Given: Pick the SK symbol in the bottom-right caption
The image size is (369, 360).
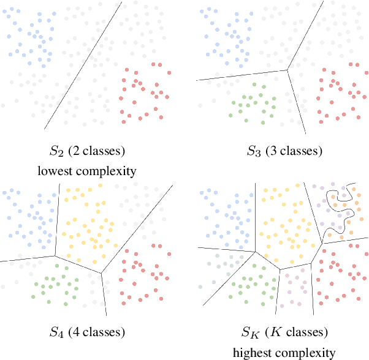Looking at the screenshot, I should click(249, 333).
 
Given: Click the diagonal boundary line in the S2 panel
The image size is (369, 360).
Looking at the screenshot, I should click(83, 64).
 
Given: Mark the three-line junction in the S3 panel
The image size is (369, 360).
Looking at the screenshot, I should click(287, 70).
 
